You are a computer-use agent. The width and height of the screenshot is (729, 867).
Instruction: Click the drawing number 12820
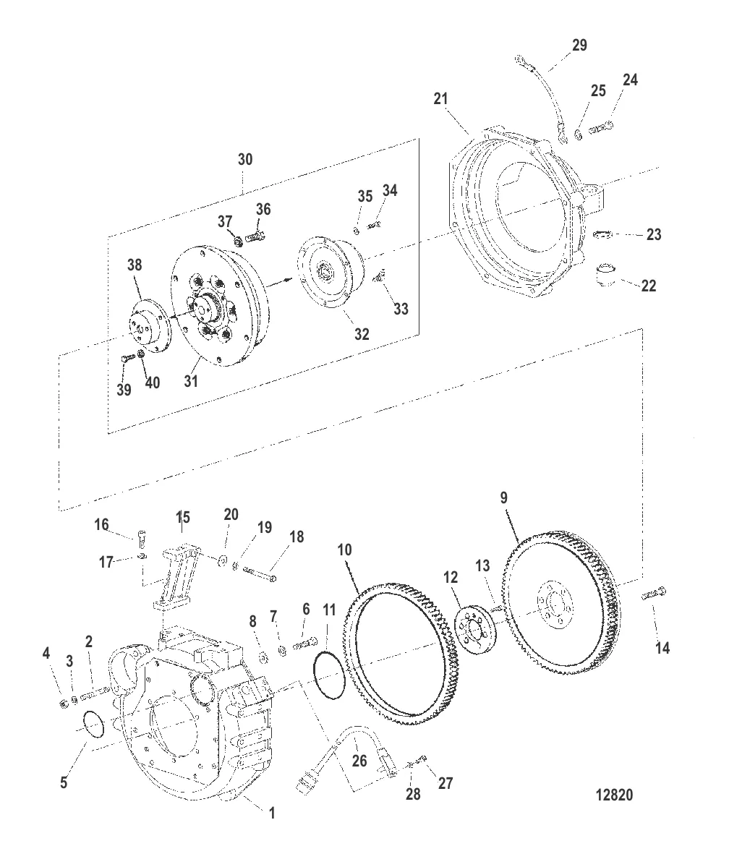(614, 795)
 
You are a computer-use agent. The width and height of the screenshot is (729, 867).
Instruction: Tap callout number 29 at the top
(579, 45)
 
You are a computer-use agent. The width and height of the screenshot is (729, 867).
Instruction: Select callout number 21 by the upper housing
(440, 98)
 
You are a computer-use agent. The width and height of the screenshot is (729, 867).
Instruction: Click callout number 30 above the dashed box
(245, 159)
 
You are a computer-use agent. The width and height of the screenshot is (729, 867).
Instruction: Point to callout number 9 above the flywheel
(503, 497)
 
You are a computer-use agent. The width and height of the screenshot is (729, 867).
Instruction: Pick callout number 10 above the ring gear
(344, 550)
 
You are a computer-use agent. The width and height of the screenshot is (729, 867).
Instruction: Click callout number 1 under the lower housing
(272, 813)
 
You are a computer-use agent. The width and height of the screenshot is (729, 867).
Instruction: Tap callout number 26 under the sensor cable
(359, 761)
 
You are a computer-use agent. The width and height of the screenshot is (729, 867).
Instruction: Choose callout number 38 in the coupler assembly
(135, 265)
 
